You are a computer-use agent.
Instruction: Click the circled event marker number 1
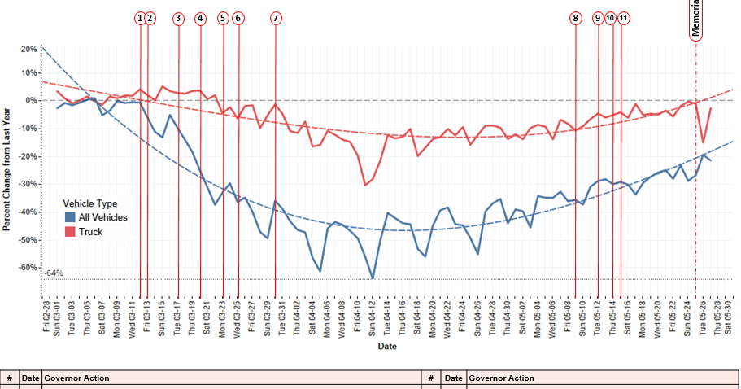click(x=140, y=18)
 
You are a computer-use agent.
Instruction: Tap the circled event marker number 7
click(x=276, y=18)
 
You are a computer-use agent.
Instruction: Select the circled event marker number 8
click(x=576, y=18)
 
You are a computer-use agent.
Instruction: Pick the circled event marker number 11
click(x=624, y=18)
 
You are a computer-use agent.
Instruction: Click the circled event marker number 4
click(x=201, y=18)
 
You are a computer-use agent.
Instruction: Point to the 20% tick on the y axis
click(x=28, y=49)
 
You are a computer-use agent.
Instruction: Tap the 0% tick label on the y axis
click(x=31, y=101)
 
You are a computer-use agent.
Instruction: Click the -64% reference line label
click(x=54, y=273)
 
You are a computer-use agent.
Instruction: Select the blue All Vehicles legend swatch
click(x=70, y=217)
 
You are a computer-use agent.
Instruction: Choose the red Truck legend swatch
click(x=70, y=232)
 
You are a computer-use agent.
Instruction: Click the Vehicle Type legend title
click(x=90, y=204)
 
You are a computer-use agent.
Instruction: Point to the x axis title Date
click(x=387, y=347)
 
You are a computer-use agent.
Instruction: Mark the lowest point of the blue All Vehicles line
click(x=373, y=278)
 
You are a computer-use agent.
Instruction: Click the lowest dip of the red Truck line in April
click(x=365, y=185)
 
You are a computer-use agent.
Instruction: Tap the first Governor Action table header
click(x=76, y=378)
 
